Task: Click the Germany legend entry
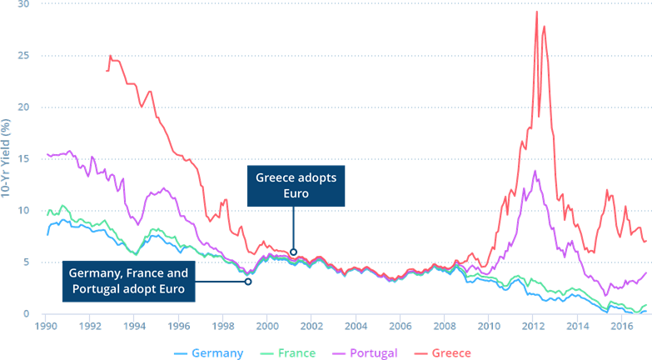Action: pyautogui.click(x=210, y=352)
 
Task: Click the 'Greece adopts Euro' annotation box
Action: pyautogui.click(x=294, y=186)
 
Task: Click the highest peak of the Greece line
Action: pyautogui.click(x=537, y=11)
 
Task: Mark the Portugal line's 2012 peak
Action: pyautogui.click(x=535, y=171)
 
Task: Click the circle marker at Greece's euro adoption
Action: pyautogui.click(x=294, y=252)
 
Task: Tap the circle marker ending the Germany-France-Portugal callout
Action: pyautogui.click(x=249, y=282)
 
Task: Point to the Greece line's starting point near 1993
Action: pyautogui.click(x=107, y=71)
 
